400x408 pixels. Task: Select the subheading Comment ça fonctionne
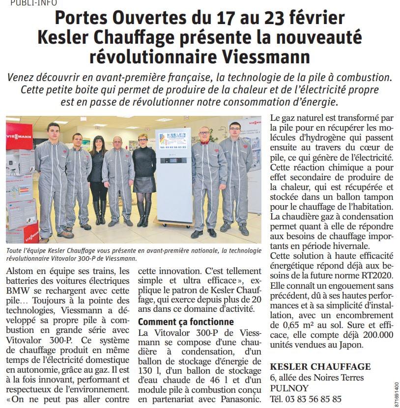click(x=186, y=322)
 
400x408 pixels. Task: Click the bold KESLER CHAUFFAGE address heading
click(x=320, y=367)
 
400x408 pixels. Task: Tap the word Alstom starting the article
click(x=22, y=271)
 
